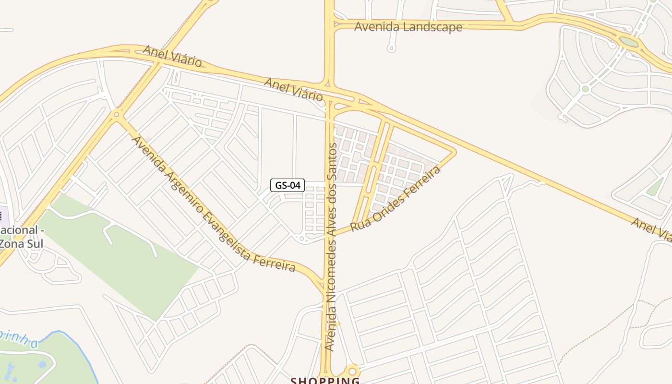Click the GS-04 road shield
point(288,185)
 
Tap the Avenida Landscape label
point(408,27)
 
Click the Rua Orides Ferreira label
point(396,199)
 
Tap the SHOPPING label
point(325,381)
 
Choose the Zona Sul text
point(22,243)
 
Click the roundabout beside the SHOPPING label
point(353,371)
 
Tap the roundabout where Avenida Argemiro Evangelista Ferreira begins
point(116,114)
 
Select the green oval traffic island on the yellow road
point(629,42)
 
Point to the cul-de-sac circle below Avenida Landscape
point(391,48)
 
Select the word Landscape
point(432,27)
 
